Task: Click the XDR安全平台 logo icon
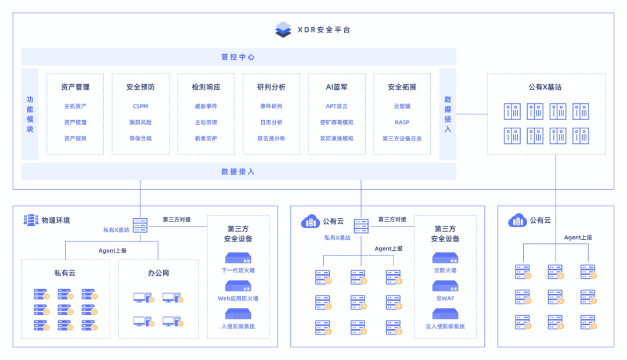click(x=283, y=30)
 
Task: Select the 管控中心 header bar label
click(x=239, y=57)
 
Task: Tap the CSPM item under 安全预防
click(x=140, y=106)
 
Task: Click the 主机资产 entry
click(x=75, y=106)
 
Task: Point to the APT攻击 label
click(x=337, y=106)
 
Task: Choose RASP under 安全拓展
click(x=402, y=123)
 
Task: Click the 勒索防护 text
click(x=206, y=138)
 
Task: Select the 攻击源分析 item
click(x=271, y=138)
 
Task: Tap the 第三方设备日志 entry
click(x=402, y=138)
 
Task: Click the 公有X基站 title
click(x=545, y=87)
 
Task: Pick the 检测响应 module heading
click(x=206, y=87)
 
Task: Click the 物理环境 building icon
click(x=31, y=220)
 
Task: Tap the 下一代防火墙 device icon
click(x=238, y=258)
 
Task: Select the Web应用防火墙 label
click(x=238, y=298)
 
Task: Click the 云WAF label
click(x=445, y=298)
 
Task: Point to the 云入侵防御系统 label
click(x=445, y=326)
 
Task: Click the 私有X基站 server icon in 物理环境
click(x=140, y=225)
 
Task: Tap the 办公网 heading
click(x=158, y=273)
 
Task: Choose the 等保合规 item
click(x=140, y=138)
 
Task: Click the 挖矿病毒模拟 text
click(x=337, y=123)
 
